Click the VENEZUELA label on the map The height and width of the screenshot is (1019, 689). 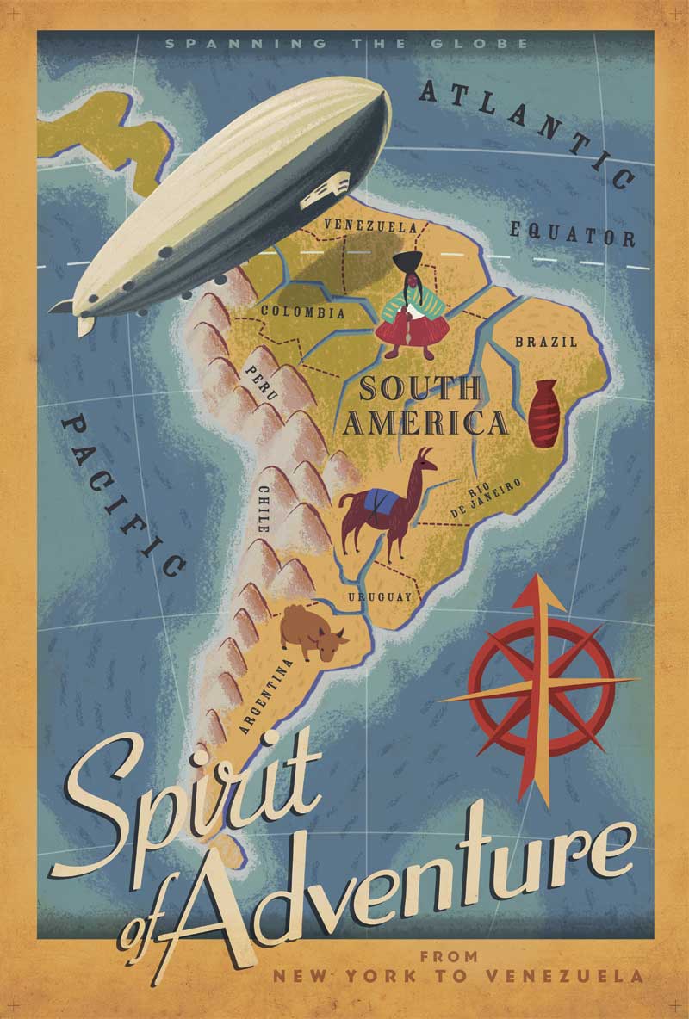pyautogui.click(x=369, y=227)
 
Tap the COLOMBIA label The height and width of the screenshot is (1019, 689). pyautogui.click(x=302, y=312)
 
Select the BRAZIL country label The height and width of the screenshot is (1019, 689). pyautogui.click(x=546, y=343)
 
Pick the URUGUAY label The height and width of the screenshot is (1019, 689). pyautogui.click(x=381, y=596)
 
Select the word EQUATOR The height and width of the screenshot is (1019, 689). pyautogui.click(x=572, y=233)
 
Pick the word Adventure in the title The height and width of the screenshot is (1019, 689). pyautogui.click(x=413, y=878)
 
